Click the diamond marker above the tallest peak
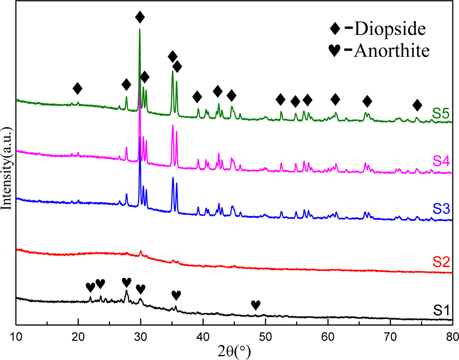tap(140, 18)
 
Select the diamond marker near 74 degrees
tap(417, 105)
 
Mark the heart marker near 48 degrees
tap(256, 305)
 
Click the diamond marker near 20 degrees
tap(78, 88)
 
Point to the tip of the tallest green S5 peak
tap(139, 29)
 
